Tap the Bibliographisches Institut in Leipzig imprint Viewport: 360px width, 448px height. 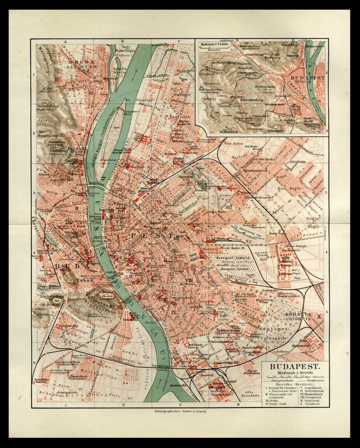[x=180, y=412]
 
